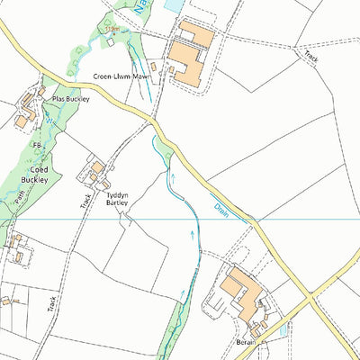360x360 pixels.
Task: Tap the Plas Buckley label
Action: coord(72,98)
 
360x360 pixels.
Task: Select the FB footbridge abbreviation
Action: coord(37,145)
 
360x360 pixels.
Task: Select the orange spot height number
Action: coord(112,30)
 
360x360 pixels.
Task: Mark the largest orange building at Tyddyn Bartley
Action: coord(96,167)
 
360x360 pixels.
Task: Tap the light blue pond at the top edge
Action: coord(173,5)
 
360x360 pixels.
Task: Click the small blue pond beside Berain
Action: coord(284,330)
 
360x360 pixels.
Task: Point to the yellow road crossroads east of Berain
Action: coord(310,294)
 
